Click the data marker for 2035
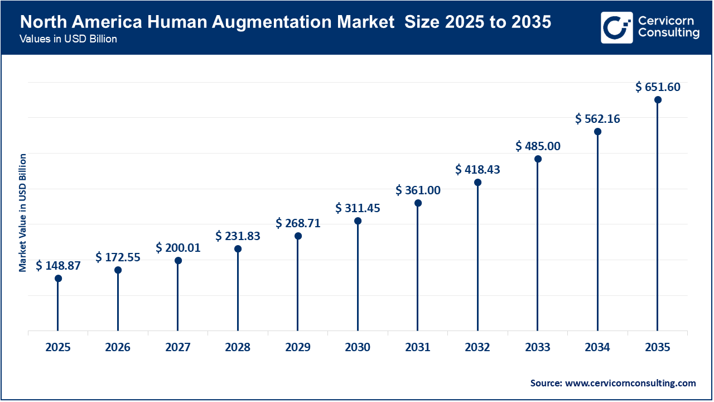click(658, 100)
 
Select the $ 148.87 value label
click(58, 266)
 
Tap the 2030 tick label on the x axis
click(358, 347)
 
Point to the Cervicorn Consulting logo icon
click(616, 27)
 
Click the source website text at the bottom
click(613, 383)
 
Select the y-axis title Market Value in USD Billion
click(23, 212)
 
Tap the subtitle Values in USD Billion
click(68, 40)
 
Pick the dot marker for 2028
click(238, 248)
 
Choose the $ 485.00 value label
click(538, 146)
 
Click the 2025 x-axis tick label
click(58, 347)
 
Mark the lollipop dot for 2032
click(477, 183)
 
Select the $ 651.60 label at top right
click(658, 87)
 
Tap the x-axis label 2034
click(597, 347)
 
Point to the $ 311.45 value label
click(358, 208)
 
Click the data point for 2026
click(118, 270)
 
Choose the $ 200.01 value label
click(178, 247)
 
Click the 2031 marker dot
click(418, 203)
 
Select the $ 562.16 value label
click(597, 119)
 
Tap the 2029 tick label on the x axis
click(298, 347)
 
